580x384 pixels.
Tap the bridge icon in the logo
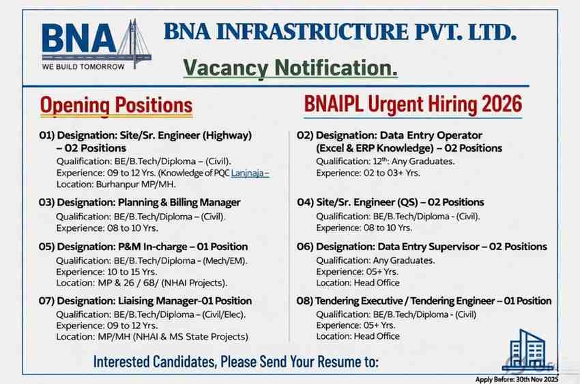click(x=134, y=44)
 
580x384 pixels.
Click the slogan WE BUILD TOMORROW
click(x=83, y=67)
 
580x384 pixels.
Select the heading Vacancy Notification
click(x=290, y=68)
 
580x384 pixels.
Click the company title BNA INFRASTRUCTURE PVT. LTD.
click(x=340, y=31)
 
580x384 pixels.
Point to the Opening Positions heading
click(x=116, y=105)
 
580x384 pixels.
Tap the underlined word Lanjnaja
click(x=250, y=174)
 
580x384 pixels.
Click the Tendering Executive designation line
click(x=424, y=301)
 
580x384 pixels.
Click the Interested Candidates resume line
click(x=235, y=361)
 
